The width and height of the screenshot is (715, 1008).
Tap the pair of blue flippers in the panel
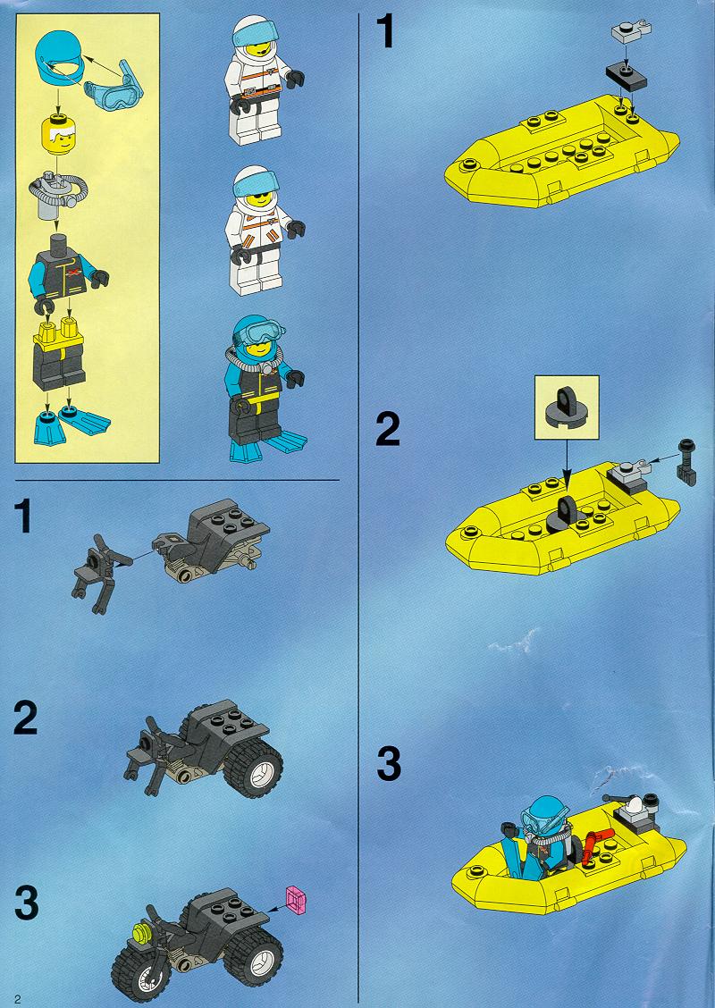click(x=71, y=425)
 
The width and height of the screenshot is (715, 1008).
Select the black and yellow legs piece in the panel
click(x=58, y=353)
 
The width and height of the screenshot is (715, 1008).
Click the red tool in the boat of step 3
click(x=593, y=845)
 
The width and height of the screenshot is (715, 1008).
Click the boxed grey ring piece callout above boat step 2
click(x=567, y=407)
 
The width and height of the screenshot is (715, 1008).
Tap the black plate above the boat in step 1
click(x=626, y=76)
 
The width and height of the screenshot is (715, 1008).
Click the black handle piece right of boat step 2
click(x=686, y=462)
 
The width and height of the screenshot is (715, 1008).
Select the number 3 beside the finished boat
click(x=389, y=764)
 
